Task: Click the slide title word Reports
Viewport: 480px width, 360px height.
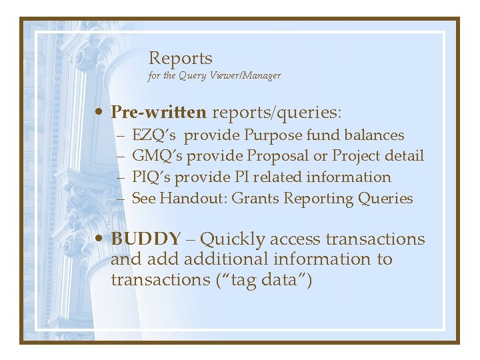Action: pos(180,59)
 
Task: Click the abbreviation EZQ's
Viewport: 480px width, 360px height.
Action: pos(154,135)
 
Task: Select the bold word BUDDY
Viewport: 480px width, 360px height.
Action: pos(145,239)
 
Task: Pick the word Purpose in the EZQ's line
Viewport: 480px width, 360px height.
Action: pos(273,135)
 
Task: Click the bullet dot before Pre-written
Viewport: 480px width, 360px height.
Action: pos(99,111)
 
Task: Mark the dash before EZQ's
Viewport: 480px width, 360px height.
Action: pos(121,135)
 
